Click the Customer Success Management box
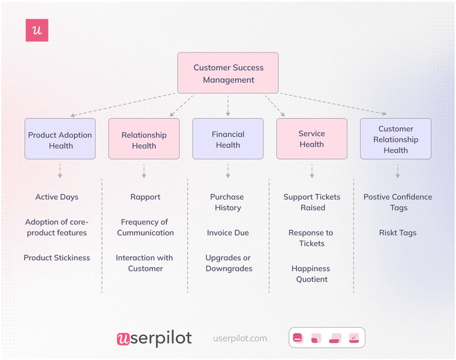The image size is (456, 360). pyautogui.click(x=228, y=73)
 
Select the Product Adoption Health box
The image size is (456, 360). pyautogui.click(x=60, y=139)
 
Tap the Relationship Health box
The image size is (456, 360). pyautogui.click(x=144, y=139)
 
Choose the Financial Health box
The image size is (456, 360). pyautogui.click(x=228, y=139)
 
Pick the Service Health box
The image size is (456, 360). pyautogui.click(x=312, y=139)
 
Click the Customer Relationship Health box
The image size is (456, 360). pyautogui.click(x=396, y=139)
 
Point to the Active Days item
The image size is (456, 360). pyautogui.click(x=57, y=197)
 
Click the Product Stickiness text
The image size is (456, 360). pyautogui.click(x=57, y=258)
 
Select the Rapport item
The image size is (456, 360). pyautogui.click(x=145, y=197)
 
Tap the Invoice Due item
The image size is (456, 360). pyautogui.click(x=228, y=233)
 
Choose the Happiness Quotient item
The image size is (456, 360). pyautogui.click(x=312, y=274)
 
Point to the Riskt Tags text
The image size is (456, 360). pyautogui.click(x=398, y=233)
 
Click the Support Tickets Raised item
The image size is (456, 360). pyautogui.click(x=312, y=203)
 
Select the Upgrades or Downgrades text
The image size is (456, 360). pyautogui.click(x=229, y=263)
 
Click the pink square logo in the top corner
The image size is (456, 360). pyautogui.click(x=37, y=30)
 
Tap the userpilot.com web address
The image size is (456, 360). pyautogui.click(x=240, y=338)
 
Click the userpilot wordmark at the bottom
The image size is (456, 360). pyautogui.click(x=154, y=338)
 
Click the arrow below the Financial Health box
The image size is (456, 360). pyautogui.click(x=228, y=171)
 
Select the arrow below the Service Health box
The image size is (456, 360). pyautogui.click(x=312, y=171)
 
